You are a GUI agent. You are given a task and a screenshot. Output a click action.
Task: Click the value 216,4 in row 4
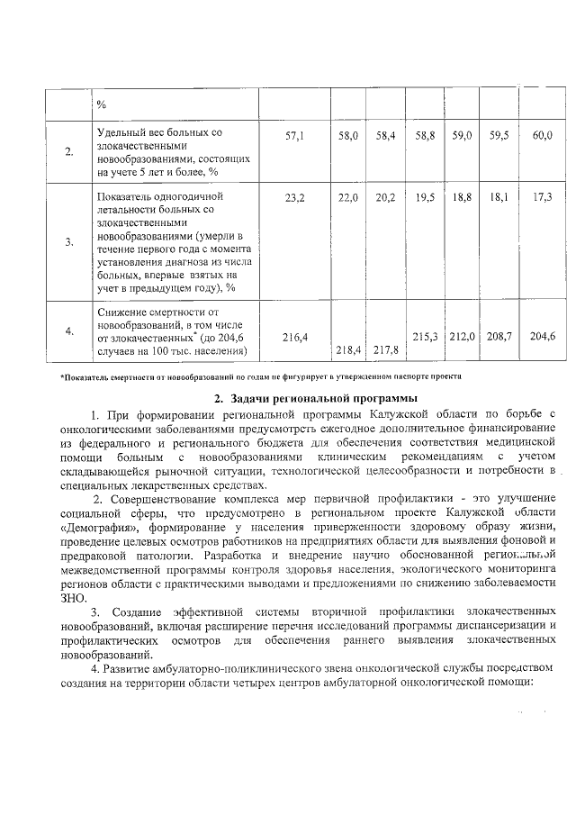295,336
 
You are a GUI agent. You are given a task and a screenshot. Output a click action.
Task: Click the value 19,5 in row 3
424,195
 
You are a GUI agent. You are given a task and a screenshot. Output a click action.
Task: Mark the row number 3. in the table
69,242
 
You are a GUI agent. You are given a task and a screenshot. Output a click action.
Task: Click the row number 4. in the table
69,331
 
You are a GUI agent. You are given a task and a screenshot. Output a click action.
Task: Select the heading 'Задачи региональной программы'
315,397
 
